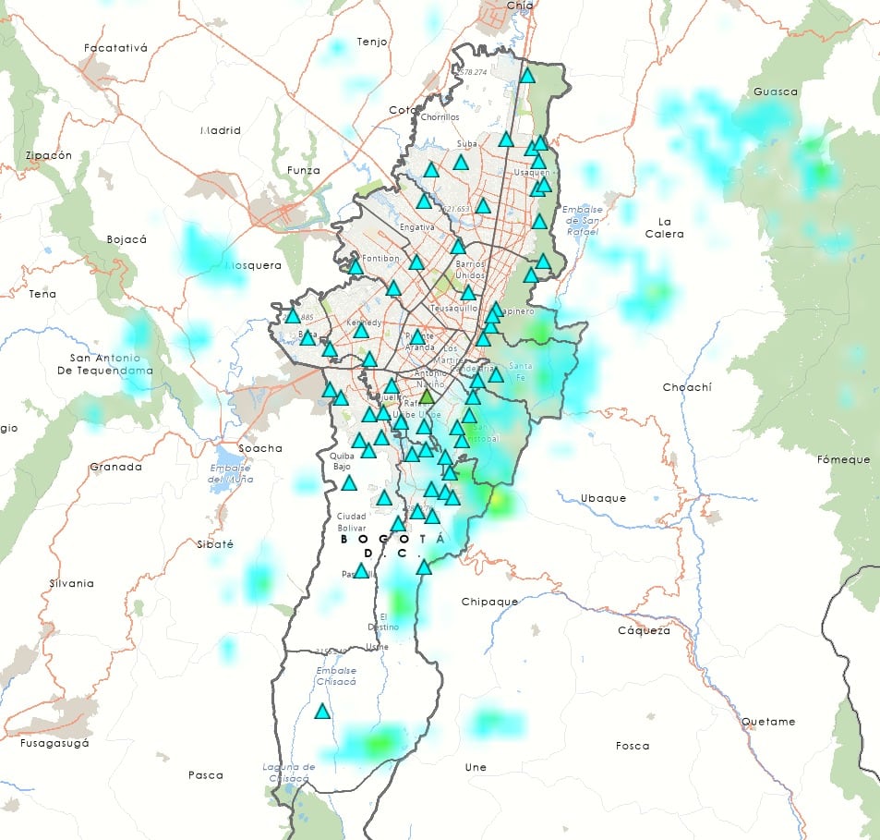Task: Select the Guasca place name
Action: pos(776,91)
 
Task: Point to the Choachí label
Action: pos(687,387)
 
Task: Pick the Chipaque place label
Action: pos(489,602)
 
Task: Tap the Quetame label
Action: pos(767,722)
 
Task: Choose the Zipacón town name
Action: pos(49,155)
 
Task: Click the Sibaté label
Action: pos(215,544)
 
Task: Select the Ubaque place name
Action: pos(603,498)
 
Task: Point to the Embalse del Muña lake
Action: pos(227,457)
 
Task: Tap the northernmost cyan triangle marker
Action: pos(527,76)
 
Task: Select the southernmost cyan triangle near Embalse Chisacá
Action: pos(322,712)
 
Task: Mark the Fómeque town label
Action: pos(844,459)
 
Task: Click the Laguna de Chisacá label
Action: pos(289,773)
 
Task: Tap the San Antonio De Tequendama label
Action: pos(111,364)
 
